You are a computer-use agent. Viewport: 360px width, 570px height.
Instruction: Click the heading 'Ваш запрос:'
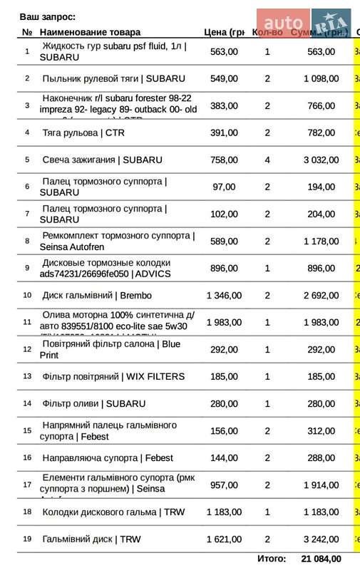(48, 16)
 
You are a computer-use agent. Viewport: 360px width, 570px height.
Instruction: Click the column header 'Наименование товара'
(90, 32)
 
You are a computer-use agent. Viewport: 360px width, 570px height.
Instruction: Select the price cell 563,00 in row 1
(224, 51)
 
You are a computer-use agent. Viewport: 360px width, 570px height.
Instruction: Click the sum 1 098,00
(321, 78)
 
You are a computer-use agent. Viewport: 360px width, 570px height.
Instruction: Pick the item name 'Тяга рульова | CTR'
(83, 133)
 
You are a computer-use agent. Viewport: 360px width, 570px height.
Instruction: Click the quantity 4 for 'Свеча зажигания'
(267, 160)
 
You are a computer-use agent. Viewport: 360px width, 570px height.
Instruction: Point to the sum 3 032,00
(321, 160)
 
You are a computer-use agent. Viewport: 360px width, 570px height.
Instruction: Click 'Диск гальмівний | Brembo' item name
(97, 295)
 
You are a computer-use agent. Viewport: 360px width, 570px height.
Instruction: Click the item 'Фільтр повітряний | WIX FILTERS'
(113, 376)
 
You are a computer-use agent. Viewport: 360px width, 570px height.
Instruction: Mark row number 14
(27, 403)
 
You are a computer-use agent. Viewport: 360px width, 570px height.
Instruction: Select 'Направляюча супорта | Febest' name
(108, 457)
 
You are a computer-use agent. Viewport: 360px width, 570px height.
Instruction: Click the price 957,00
(224, 484)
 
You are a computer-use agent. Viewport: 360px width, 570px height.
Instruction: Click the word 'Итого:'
(272, 559)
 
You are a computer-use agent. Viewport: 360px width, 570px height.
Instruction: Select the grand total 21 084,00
(321, 559)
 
